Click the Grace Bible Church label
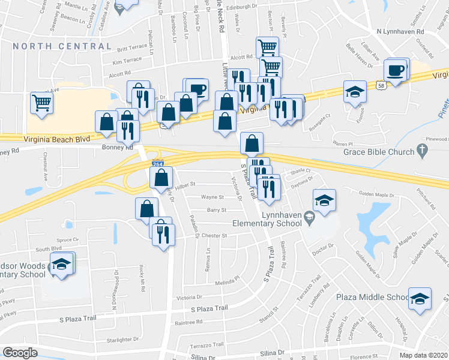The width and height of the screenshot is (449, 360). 379,152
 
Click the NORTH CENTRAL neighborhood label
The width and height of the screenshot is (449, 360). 62,46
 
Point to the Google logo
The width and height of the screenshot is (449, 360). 20,353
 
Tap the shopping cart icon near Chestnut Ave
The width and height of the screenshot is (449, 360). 42,103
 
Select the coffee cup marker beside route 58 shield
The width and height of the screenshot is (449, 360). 396,70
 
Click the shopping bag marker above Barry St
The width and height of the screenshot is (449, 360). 147,209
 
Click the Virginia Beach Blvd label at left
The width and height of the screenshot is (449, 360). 56,139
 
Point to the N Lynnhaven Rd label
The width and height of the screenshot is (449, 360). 400,31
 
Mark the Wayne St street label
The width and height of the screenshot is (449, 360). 212,197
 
